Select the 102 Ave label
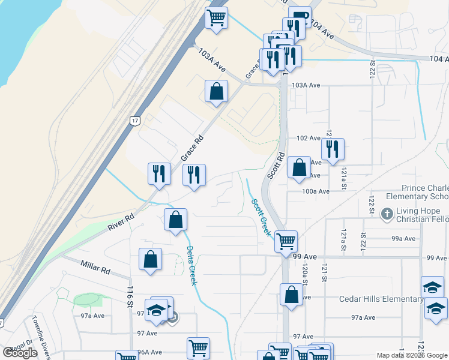coord(309,138)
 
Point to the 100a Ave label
coord(316,191)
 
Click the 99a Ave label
coord(403,238)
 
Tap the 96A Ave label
coord(149,352)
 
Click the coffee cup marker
coord(300,17)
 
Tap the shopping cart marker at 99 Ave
coord(286,241)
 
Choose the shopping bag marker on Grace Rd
coord(216,91)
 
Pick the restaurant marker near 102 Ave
coord(333,149)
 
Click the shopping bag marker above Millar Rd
coord(151,259)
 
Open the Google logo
coord(20,353)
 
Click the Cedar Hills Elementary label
coord(381,299)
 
